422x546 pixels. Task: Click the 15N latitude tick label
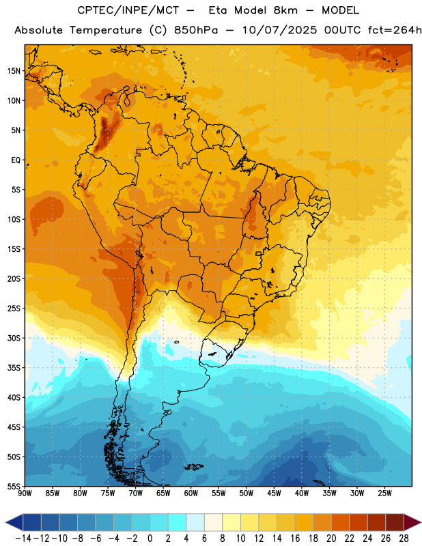point(14,71)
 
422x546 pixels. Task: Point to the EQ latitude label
point(16,160)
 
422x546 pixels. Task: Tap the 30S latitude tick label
point(14,338)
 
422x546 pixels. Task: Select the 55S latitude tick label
point(14,486)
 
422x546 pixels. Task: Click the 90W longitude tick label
point(25,493)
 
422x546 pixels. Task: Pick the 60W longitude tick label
point(191,493)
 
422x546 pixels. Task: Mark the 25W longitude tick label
point(384,493)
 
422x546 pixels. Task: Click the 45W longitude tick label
point(274,493)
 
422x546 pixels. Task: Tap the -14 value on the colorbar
point(23,538)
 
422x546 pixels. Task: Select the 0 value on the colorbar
point(150,538)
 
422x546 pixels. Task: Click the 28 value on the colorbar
point(404,538)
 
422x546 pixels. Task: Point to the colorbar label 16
point(295,538)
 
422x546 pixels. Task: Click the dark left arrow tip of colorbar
point(6,523)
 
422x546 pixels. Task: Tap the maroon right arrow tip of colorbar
point(421,523)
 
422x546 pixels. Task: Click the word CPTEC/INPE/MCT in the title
point(128,10)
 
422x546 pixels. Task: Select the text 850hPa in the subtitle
point(196,30)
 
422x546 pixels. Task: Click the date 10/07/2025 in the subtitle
point(279,30)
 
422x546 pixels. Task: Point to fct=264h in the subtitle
point(395,30)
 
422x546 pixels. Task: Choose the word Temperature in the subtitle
point(106,30)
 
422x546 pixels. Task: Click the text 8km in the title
point(285,10)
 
